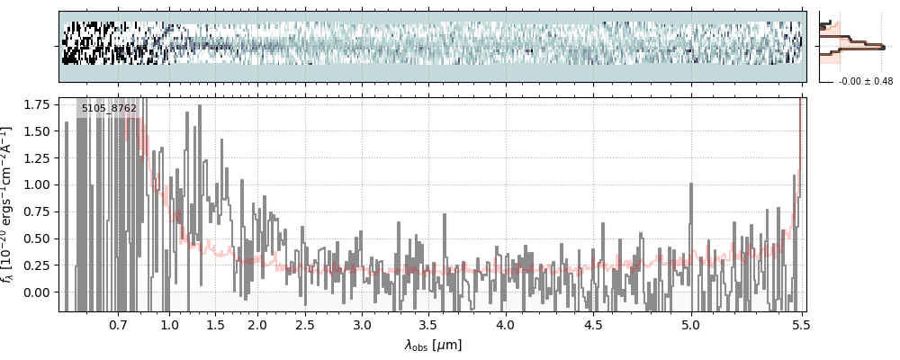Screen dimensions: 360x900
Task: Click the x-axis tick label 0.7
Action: [x=118, y=324]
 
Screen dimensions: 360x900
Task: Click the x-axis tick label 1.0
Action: [x=170, y=324]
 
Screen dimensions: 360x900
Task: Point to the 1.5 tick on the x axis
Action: [x=215, y=324]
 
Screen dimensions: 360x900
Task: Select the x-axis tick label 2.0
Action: [x=257, y=324]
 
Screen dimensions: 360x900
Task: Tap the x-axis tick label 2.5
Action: [x=305, y=324]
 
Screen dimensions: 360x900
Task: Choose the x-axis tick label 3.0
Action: [x=362, y=324]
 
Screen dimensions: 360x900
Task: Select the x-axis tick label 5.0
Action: [x=691, y=324]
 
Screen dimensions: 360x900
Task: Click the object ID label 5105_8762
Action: [x=109, y=109]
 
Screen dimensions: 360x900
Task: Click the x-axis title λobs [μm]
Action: [x=433, y=344]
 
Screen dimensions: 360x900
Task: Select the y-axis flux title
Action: [x=10, y=204]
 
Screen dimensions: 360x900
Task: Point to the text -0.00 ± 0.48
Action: [x=864, y=82]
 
